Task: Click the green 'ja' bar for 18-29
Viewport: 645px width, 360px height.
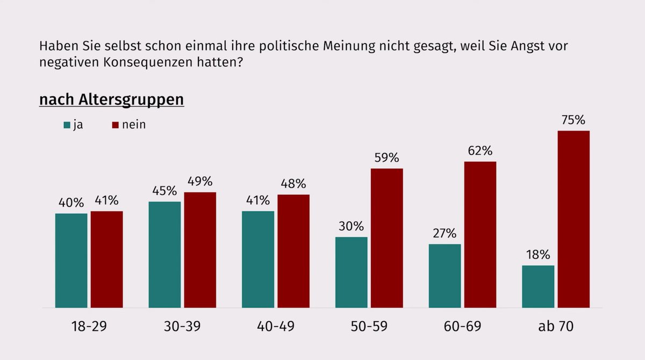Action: click(x=71, y=261)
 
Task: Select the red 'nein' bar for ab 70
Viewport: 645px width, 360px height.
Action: click(x=574, y=219)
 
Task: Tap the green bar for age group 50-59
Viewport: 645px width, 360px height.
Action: click(x=351, y=272)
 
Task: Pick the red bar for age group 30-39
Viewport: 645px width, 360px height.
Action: click(x=200, y=250)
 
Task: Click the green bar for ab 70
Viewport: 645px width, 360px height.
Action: click(x=538, y=286)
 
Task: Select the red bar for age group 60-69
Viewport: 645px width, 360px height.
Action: click(x=480, y=235)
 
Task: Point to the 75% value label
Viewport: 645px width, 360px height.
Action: click(x=573, y=120)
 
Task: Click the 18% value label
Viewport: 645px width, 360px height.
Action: click(x=537, y=255)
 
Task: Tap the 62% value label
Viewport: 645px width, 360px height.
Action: click(x=480, y=151)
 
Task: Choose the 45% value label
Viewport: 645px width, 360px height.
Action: click(x=164, y=191)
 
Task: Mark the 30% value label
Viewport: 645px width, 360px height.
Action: click(x=351, y=226)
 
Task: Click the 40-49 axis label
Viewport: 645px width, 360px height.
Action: click(x=276, y=326)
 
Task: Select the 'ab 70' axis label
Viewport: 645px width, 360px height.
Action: click(x=556, y=326)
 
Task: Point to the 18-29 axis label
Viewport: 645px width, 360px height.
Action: click(x=89, y=326)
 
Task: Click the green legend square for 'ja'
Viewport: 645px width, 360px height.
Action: click(x=67, y=125)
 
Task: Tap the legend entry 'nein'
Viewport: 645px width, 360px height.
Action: click(x=133, y=125)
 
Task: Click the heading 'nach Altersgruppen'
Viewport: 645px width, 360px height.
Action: click(x=112, y=100)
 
